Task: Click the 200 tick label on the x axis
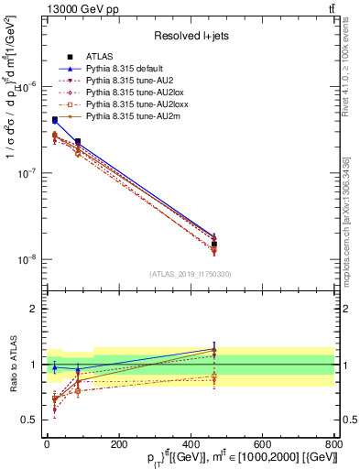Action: pyautogui.click(x=118, y=442)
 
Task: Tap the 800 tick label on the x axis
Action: pyautogui.click(x=333, y=442)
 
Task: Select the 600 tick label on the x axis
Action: pyautogui.click(x=262, y=442)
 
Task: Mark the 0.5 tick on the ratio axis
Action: pyautogui.click(x=33, y=420)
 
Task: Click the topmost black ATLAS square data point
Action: pyautogui.click(x=55, y=120)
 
